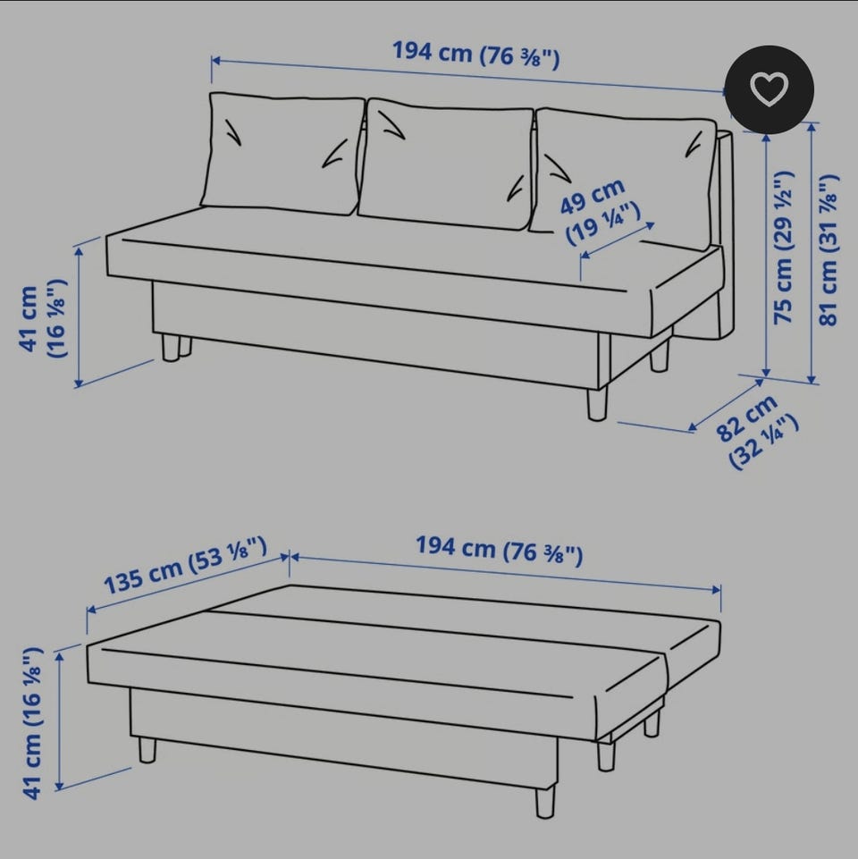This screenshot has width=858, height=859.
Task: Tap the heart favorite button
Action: [770, 89]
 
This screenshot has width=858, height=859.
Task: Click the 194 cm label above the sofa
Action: [476, 54]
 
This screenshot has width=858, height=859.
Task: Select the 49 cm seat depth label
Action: [599, 211]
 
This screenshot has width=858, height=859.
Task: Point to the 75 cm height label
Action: [784, 248]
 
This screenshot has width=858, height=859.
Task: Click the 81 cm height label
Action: [829, 249]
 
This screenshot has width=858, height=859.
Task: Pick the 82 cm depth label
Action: [755, 432]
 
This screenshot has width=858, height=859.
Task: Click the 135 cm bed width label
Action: [185, 567]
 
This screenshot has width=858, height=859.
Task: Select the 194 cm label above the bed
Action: [499, 549]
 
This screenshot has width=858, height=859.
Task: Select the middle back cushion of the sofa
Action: [445, 164]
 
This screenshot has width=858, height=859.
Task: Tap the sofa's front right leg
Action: [597, 404]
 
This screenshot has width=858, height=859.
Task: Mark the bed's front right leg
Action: [544, 802]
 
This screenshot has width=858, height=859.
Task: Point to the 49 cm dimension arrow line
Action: [618, 240]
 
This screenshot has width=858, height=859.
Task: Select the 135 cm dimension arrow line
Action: [189, 584]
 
